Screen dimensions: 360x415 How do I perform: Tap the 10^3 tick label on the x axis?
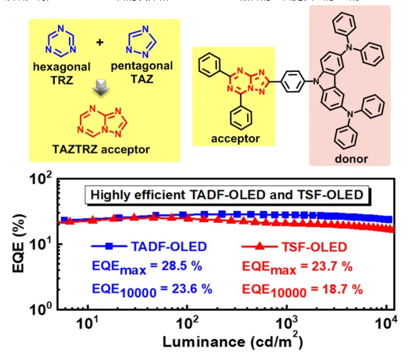288,323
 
